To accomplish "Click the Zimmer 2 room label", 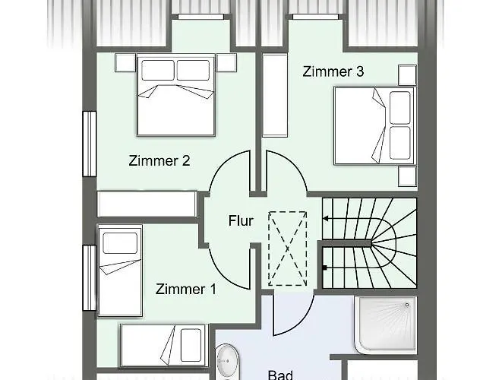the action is coord(159,160).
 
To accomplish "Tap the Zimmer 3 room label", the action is coord(333,71).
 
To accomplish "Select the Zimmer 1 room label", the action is coord(186,289).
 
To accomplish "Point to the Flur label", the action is coord(241,220).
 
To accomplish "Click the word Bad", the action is coord(280,375).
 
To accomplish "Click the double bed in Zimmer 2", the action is coord(176,95).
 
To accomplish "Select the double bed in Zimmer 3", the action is coord(375,125).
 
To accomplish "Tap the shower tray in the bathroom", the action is coord(386,325).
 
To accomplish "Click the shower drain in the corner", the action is coord(407,305).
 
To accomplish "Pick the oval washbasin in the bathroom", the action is coord(227,360).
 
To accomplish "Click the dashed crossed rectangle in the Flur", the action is coord(287,249).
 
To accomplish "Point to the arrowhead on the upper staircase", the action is coord(325,219).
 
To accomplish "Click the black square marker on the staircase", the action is coord(325,268).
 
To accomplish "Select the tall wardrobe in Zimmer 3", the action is coord(275,95).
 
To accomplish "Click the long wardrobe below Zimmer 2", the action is coord(147,204).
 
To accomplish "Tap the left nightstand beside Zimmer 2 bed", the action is coord(125,63).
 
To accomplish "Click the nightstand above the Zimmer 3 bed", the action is coord(407,75).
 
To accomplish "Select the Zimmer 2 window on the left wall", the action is coord(90,144).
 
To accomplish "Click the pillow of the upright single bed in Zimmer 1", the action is coord(120,243).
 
